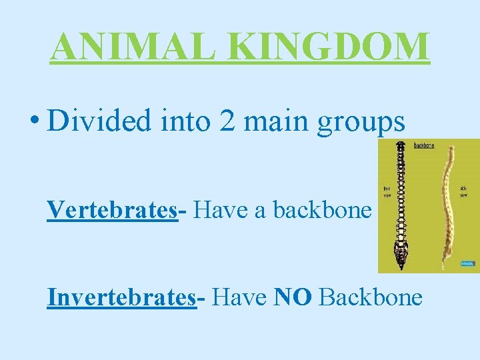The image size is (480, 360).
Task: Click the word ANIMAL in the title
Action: click(x=114, y=46)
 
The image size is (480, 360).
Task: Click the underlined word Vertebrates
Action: click(x=111, y=210)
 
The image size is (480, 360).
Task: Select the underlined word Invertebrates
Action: click(x=121, y=297)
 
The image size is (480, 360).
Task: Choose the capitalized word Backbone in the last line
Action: click(x=371, y=297)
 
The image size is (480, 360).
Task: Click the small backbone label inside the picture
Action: click(x=424, y=145)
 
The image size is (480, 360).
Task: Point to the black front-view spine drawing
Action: click(x=401, y=200)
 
